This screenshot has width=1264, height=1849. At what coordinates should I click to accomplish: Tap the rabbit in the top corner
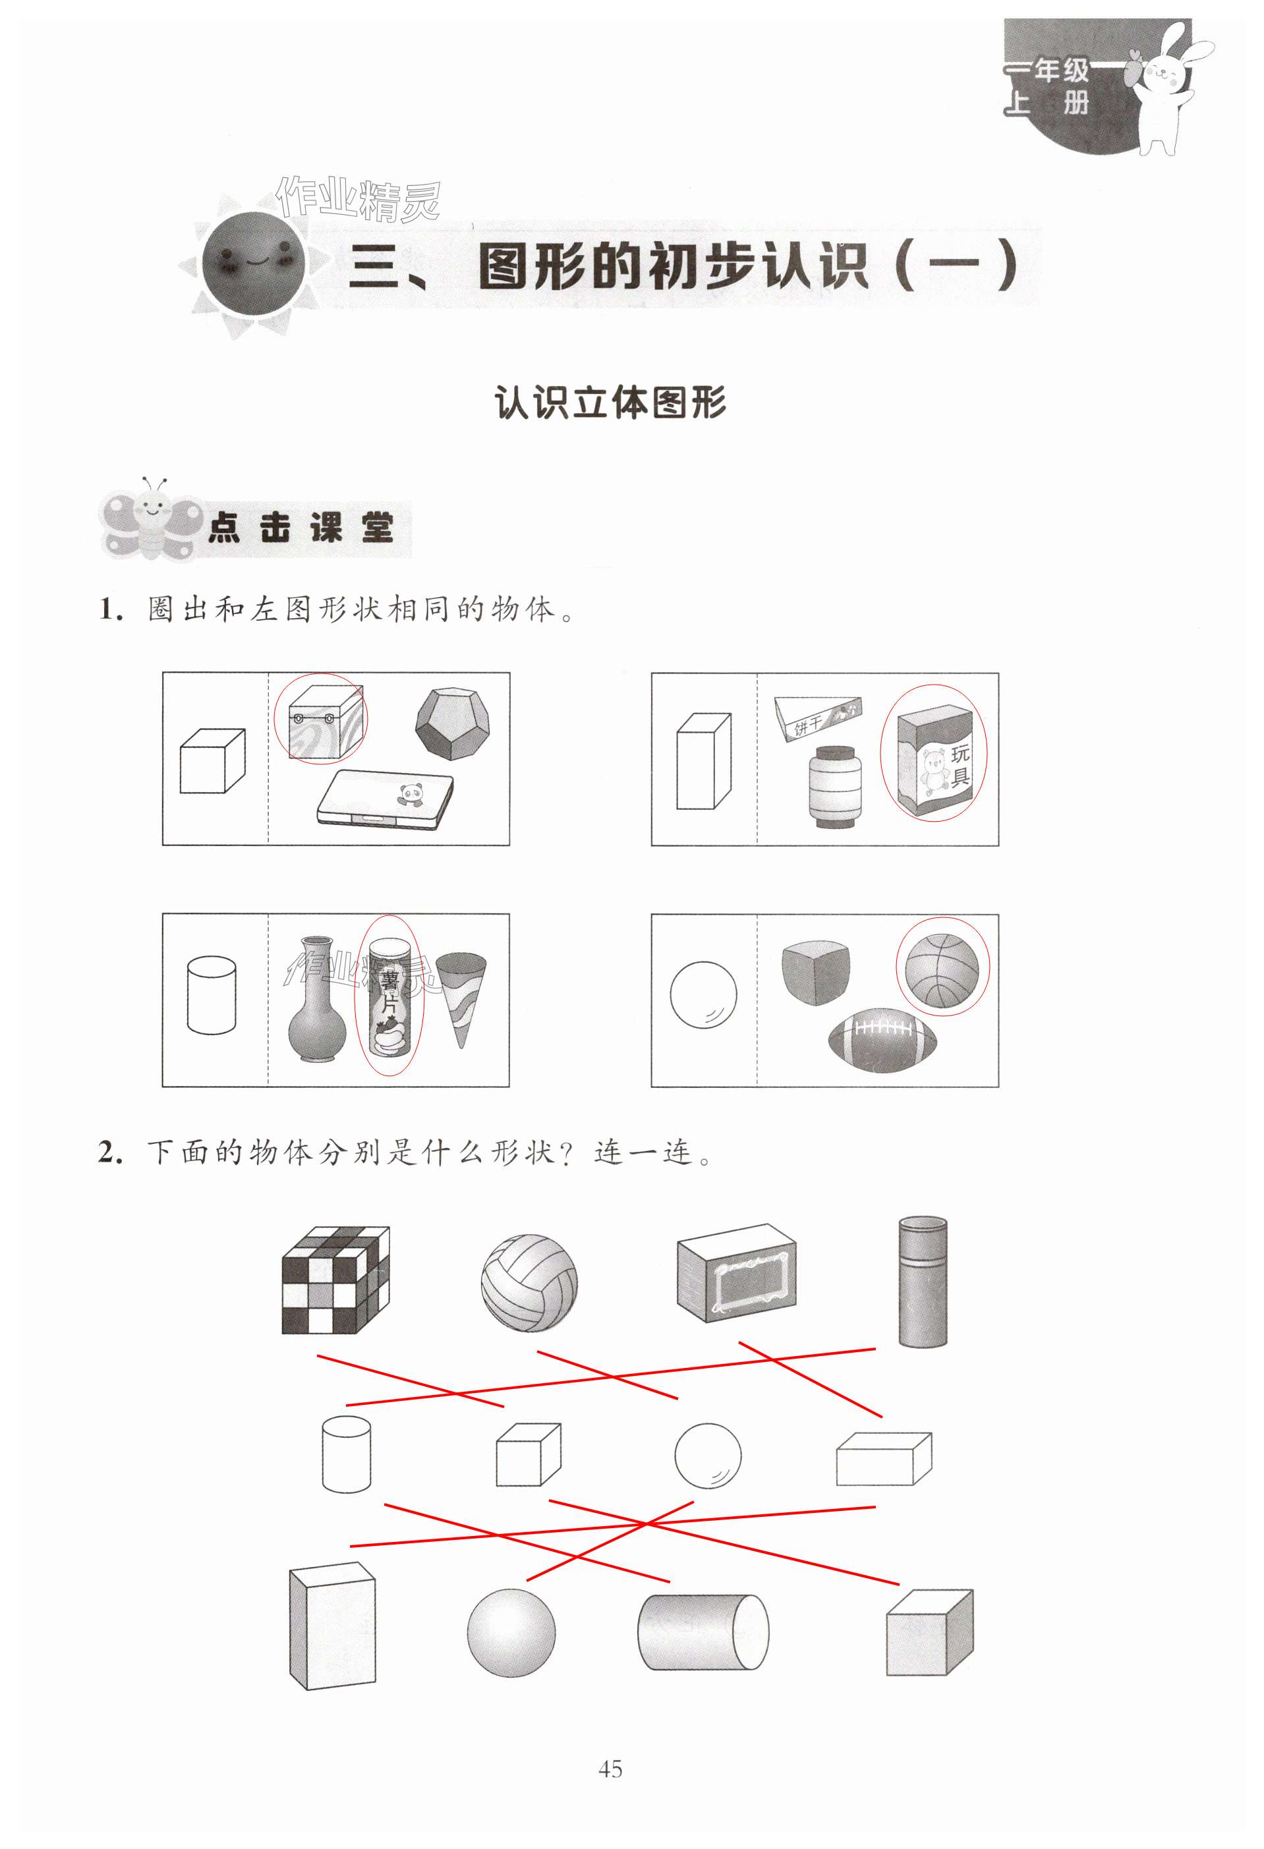1169,88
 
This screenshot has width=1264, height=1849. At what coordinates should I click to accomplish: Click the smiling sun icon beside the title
254,262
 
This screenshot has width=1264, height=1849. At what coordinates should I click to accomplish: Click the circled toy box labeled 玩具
934,759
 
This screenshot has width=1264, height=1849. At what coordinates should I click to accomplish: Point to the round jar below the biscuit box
834,786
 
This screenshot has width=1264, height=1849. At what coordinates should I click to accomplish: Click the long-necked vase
316,998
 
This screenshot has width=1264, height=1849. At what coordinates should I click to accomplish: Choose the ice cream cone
461,999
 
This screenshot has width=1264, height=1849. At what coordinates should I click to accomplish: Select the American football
882,1040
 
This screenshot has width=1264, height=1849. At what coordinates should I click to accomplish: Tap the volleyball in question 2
529,1282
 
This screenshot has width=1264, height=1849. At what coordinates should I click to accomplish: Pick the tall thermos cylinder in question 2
923,1281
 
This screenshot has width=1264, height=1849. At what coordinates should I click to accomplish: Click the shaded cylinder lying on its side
703,1632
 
